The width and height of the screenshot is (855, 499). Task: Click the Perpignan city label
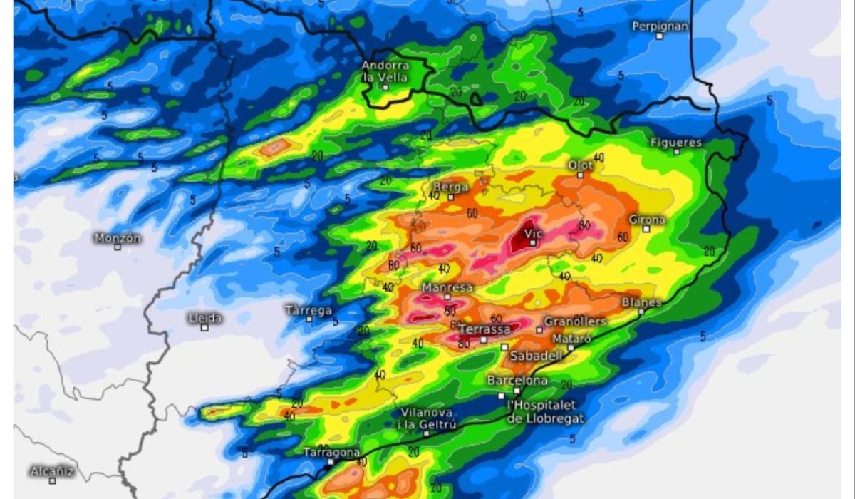[x=660, y=26]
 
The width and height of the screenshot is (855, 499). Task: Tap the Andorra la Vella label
[x=385, y=71]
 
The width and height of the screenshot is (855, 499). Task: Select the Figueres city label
[x=676, y=143]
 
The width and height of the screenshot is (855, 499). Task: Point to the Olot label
[x=581, y=165]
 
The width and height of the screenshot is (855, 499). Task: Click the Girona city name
[x=647, y=220]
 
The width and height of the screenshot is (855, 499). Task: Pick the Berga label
[x=450, y=187]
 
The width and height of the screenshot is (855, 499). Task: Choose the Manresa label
[x=447, y=287]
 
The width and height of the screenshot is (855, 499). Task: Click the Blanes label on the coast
[x=641, y=302]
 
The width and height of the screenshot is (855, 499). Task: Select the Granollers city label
[x=575, y=321]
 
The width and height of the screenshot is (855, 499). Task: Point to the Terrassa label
[x=484, y=329]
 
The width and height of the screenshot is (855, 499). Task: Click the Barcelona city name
[x=517, y=381]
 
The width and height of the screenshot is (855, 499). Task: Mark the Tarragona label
[x=331, y=453]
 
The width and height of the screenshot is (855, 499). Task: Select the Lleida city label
[x=205, y=318]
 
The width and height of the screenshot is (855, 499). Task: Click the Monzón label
[x=118, y=238]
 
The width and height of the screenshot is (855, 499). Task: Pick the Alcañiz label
[x=52, y=471]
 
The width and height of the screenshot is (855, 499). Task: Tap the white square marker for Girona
[x=646, y=229]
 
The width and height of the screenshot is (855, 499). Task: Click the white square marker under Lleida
[x=204, y=327]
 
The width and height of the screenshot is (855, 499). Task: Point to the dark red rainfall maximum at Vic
[x=523, y=240]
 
